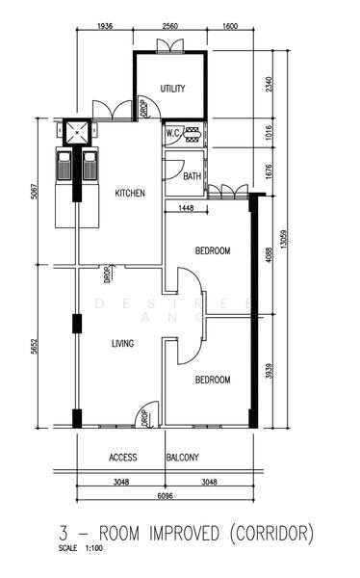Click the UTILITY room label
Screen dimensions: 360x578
172,89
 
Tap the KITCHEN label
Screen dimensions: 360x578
130,194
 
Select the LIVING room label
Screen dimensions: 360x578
122,344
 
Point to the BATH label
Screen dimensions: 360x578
193,176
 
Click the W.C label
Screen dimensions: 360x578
172,133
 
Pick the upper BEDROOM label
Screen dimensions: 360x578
213,250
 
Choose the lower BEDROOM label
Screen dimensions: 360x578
213,380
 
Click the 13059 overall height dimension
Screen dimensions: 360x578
283,239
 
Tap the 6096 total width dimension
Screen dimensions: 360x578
165,496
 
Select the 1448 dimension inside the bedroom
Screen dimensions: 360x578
186,208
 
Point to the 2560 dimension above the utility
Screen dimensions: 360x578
169,26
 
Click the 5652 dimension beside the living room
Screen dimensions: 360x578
34,347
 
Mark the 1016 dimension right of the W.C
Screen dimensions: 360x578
269,133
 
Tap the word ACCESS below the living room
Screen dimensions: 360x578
122,458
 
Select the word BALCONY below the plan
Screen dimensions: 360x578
182,458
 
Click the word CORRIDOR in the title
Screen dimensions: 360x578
272,534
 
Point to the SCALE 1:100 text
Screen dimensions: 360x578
80,548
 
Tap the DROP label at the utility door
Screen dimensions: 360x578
143,108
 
